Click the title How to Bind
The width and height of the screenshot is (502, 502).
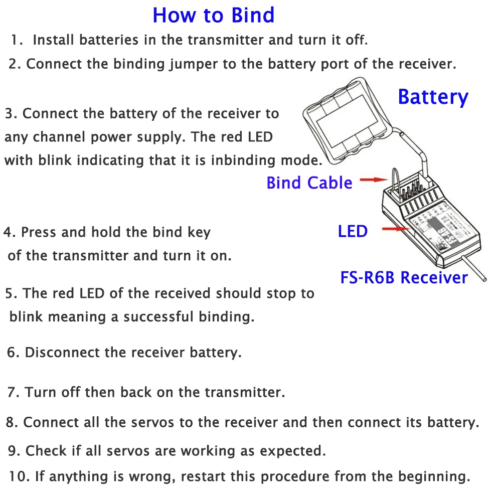tap(214, 15)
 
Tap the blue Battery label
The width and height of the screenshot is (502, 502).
tap(433, 97)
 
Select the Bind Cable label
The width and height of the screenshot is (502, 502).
tap(309, 183)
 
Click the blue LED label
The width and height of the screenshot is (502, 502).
tap(353, 231)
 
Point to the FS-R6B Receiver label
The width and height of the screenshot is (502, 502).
tap(404, 277)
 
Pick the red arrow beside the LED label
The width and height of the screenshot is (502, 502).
tap(396, 229)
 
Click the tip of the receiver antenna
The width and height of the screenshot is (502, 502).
tap(484, 279)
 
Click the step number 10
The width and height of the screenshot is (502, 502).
tap(19, 476)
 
